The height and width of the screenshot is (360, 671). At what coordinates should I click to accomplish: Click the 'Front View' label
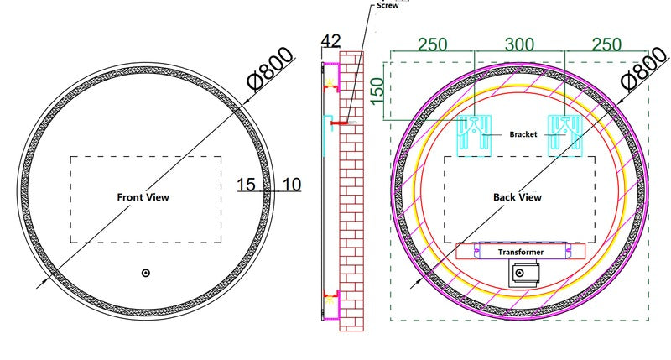[143, 197]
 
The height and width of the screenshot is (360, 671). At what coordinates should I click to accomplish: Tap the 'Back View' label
[518, 197]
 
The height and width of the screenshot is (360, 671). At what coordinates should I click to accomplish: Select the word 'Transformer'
[521, 252]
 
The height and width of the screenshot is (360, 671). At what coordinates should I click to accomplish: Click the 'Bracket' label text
[523, 134]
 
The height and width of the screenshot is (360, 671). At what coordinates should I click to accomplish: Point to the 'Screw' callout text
[388, 6]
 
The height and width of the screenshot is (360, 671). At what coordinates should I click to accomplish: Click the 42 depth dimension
[330, 41]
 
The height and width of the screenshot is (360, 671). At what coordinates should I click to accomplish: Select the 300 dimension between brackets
[519, 44]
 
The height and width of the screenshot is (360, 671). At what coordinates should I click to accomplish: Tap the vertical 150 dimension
[377, 91]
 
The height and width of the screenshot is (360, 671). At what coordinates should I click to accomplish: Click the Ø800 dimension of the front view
[271, 69]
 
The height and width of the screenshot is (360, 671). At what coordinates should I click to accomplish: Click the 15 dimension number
[246, 185]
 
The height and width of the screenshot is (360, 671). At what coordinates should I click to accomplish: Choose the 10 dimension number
[292, 185]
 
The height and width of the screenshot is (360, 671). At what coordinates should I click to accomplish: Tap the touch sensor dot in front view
[145, 273]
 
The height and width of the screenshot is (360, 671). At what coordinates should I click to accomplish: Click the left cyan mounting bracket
[475, 136]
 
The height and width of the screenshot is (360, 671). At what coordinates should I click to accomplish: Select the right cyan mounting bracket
[565, 136]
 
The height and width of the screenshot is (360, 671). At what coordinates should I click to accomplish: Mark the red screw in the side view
[340, 123]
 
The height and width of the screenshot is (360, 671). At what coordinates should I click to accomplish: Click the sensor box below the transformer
[523, 274]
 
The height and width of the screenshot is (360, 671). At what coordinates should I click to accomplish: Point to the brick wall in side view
[351, 191]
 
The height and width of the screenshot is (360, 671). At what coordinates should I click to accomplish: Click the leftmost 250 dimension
[432, 44]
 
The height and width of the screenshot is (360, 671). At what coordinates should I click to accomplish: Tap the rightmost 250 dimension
[606, 44]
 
